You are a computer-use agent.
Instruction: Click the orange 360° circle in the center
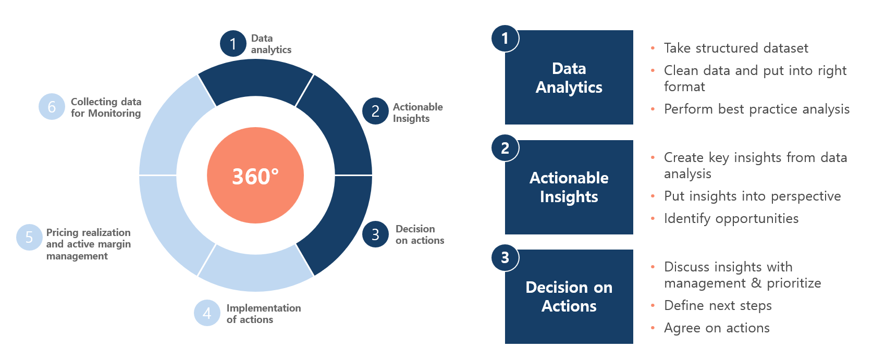coord(255,176)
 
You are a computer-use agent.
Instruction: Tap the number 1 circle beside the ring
coord(233,44)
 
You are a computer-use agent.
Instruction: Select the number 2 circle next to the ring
coord(375,111)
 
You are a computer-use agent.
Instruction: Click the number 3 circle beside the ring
coord(375,234)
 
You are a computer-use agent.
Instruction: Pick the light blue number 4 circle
coord(207,313)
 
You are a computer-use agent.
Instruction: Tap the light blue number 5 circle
coord(29,237)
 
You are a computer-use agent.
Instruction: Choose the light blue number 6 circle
coord(52,106)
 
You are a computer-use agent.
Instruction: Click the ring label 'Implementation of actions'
coord(263,314)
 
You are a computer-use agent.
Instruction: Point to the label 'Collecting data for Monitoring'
coord(106,107)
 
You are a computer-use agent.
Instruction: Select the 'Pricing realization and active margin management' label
coord(89,244)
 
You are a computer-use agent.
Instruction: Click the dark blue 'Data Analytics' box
coord(569,78)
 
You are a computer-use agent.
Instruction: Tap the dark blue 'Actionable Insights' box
coord(569,188)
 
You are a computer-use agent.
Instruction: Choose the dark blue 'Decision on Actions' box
coord(569,297)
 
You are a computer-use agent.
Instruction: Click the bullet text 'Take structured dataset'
coord(736,48)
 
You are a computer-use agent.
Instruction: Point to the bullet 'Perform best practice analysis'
coord(756,109)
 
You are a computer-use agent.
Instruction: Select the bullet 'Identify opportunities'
coord(731,219)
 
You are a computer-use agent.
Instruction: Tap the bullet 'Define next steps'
coord(718,305)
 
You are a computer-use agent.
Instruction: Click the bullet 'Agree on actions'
coord(717,328)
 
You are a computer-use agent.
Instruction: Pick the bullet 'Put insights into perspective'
coord(752,196)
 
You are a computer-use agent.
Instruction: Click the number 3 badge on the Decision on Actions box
coord(505,257)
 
